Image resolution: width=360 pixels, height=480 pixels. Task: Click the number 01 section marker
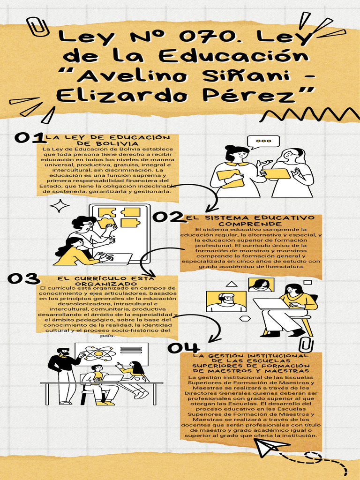(29, 137)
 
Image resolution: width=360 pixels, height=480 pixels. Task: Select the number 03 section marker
(23, 278)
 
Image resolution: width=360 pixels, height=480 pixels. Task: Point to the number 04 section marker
(183, 347)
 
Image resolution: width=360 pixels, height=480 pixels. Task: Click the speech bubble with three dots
(263, 142)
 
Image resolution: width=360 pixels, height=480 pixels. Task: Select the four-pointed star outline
(60, 206)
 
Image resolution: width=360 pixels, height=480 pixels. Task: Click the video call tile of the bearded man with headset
(226, 301)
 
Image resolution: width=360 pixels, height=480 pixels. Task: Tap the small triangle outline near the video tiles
(231, 284)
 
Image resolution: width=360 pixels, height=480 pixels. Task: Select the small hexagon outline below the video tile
(245, 318)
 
